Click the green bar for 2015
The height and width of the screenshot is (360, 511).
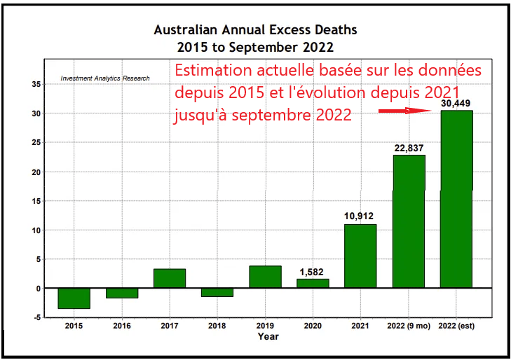pyautogui.click(x=74, y=298)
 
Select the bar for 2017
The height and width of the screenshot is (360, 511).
pyautogui.click(x=170, y=278)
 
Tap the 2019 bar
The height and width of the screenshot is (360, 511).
pyautogui.click(x=265, y=277)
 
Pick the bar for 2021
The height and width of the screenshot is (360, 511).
pyautogui.click(x=360, y=256)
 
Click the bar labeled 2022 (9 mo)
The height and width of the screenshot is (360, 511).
pyautogui.click(x=409, y=221)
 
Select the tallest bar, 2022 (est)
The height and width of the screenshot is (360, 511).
pyautogui.click(x=456, y=199)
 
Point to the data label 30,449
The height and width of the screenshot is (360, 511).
pyautogui.click(x=456, y=104)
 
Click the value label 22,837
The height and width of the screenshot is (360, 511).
pyautogui.click(x=409, y=148)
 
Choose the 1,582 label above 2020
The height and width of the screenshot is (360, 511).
pyautogui.click(x=313, y=272)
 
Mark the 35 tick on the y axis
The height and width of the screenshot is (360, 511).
pyautogui.click(x=36, y=84)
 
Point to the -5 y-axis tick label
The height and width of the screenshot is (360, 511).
pyautogui.click(x=36, y=317)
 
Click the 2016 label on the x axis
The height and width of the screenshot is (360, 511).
pyautogui.click(x=121, y=326)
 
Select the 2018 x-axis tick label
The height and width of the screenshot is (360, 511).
pyautogui.click(x=217, y=326)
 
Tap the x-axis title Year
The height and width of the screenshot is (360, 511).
pyautogui.click(x=267, y=337)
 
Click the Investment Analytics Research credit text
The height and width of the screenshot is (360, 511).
pyautogui.click(x=105, y=78)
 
